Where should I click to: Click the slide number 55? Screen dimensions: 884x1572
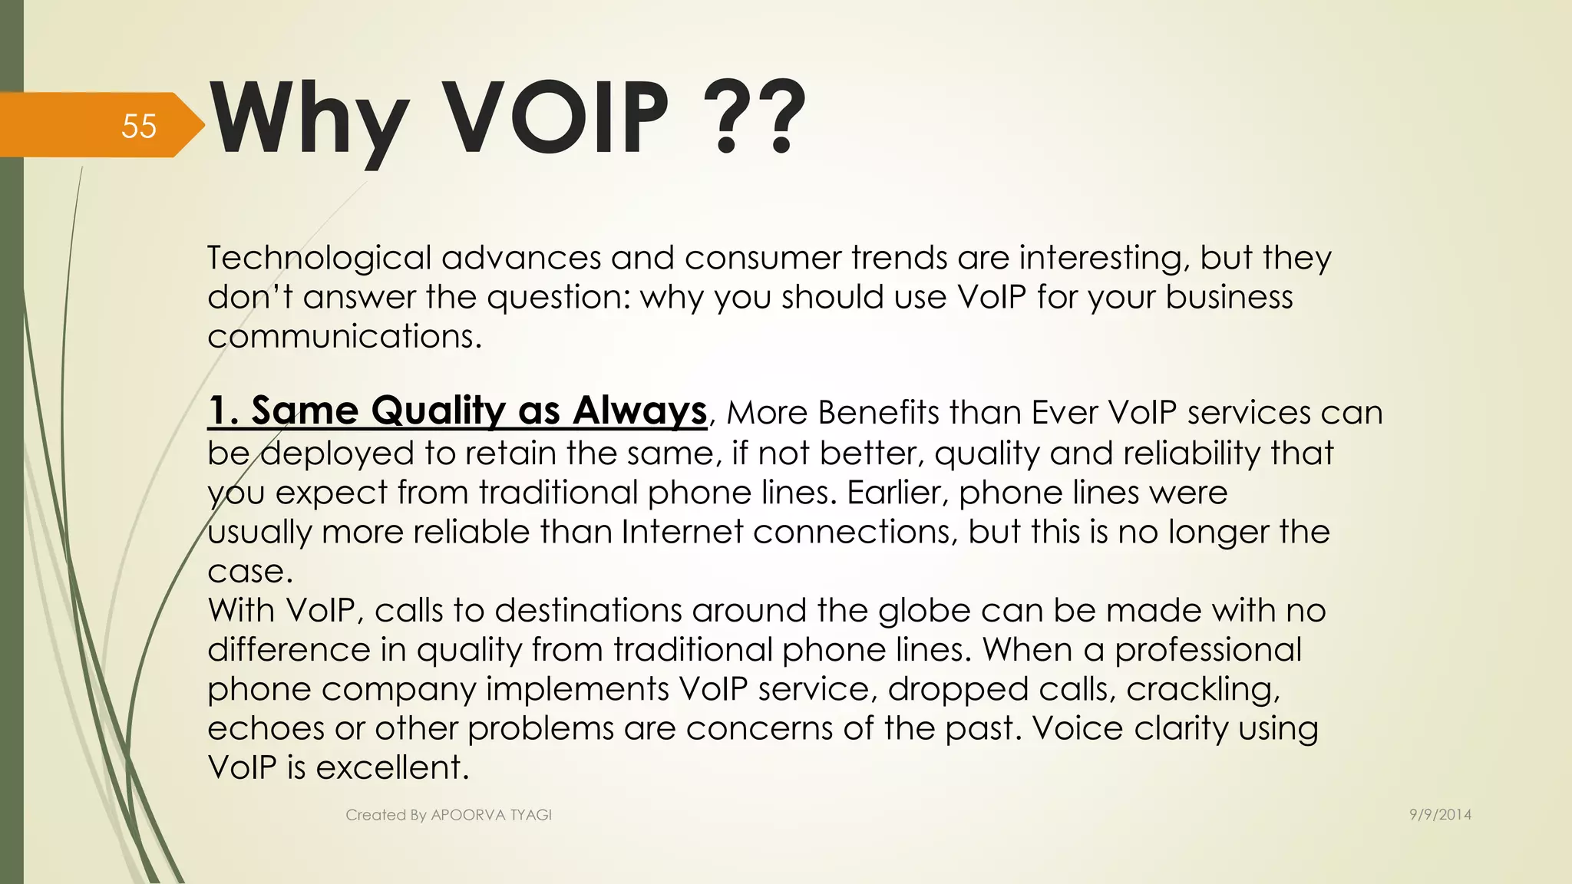click(x=139, y=126)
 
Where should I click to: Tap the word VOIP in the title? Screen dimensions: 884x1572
click(x=557, y=119)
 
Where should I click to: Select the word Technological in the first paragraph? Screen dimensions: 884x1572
click(x=319, y=258)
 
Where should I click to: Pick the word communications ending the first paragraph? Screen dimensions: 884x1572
click(x=344, y=336)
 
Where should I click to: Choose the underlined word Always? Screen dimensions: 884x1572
click(x=639, y=411)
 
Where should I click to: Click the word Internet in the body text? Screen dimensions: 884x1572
click(x=682, y=532)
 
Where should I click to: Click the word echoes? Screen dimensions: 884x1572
click(x=266, y=728)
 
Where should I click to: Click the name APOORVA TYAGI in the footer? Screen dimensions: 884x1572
click(x=491, y=815)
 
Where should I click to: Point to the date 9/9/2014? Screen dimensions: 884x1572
click(x=1440, y=815)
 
